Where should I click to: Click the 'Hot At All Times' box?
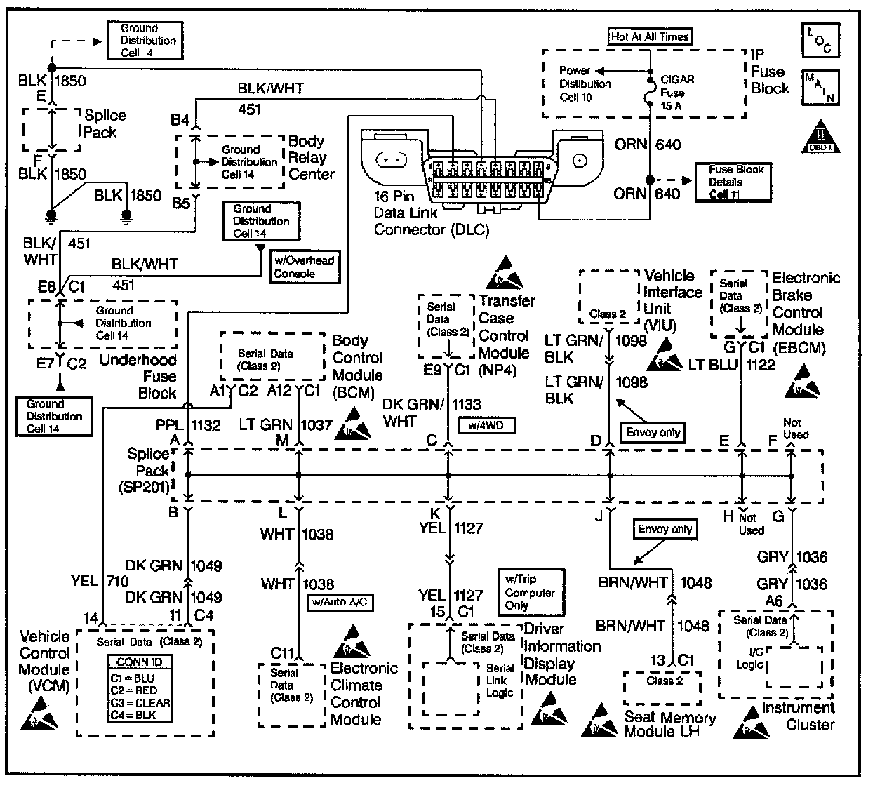point(650,36)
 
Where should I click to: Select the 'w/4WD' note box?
point(486,425)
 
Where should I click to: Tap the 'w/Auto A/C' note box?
point(340,602)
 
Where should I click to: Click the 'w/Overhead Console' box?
point(305,267)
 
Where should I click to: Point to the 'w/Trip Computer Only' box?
point(530,592)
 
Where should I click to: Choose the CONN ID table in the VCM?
point(139,688)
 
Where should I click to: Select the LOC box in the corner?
point(818,40)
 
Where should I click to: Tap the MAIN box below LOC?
point(819,87)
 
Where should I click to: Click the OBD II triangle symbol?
point(820,138)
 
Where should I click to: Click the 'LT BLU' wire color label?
point(713,364)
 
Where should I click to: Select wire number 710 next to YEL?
point(118,580)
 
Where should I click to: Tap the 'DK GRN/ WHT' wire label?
point(413,413)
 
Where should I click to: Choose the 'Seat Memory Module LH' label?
point(669,725)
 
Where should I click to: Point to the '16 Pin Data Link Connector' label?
point(431,214)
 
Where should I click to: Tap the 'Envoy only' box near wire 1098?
point(653,432)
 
